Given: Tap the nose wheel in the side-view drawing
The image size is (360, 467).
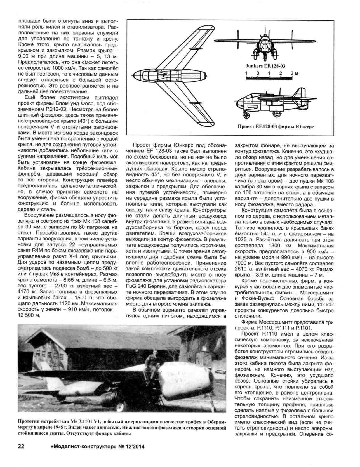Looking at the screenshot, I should pos(247,114).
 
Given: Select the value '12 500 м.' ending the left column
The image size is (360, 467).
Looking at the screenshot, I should pos(29,315).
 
